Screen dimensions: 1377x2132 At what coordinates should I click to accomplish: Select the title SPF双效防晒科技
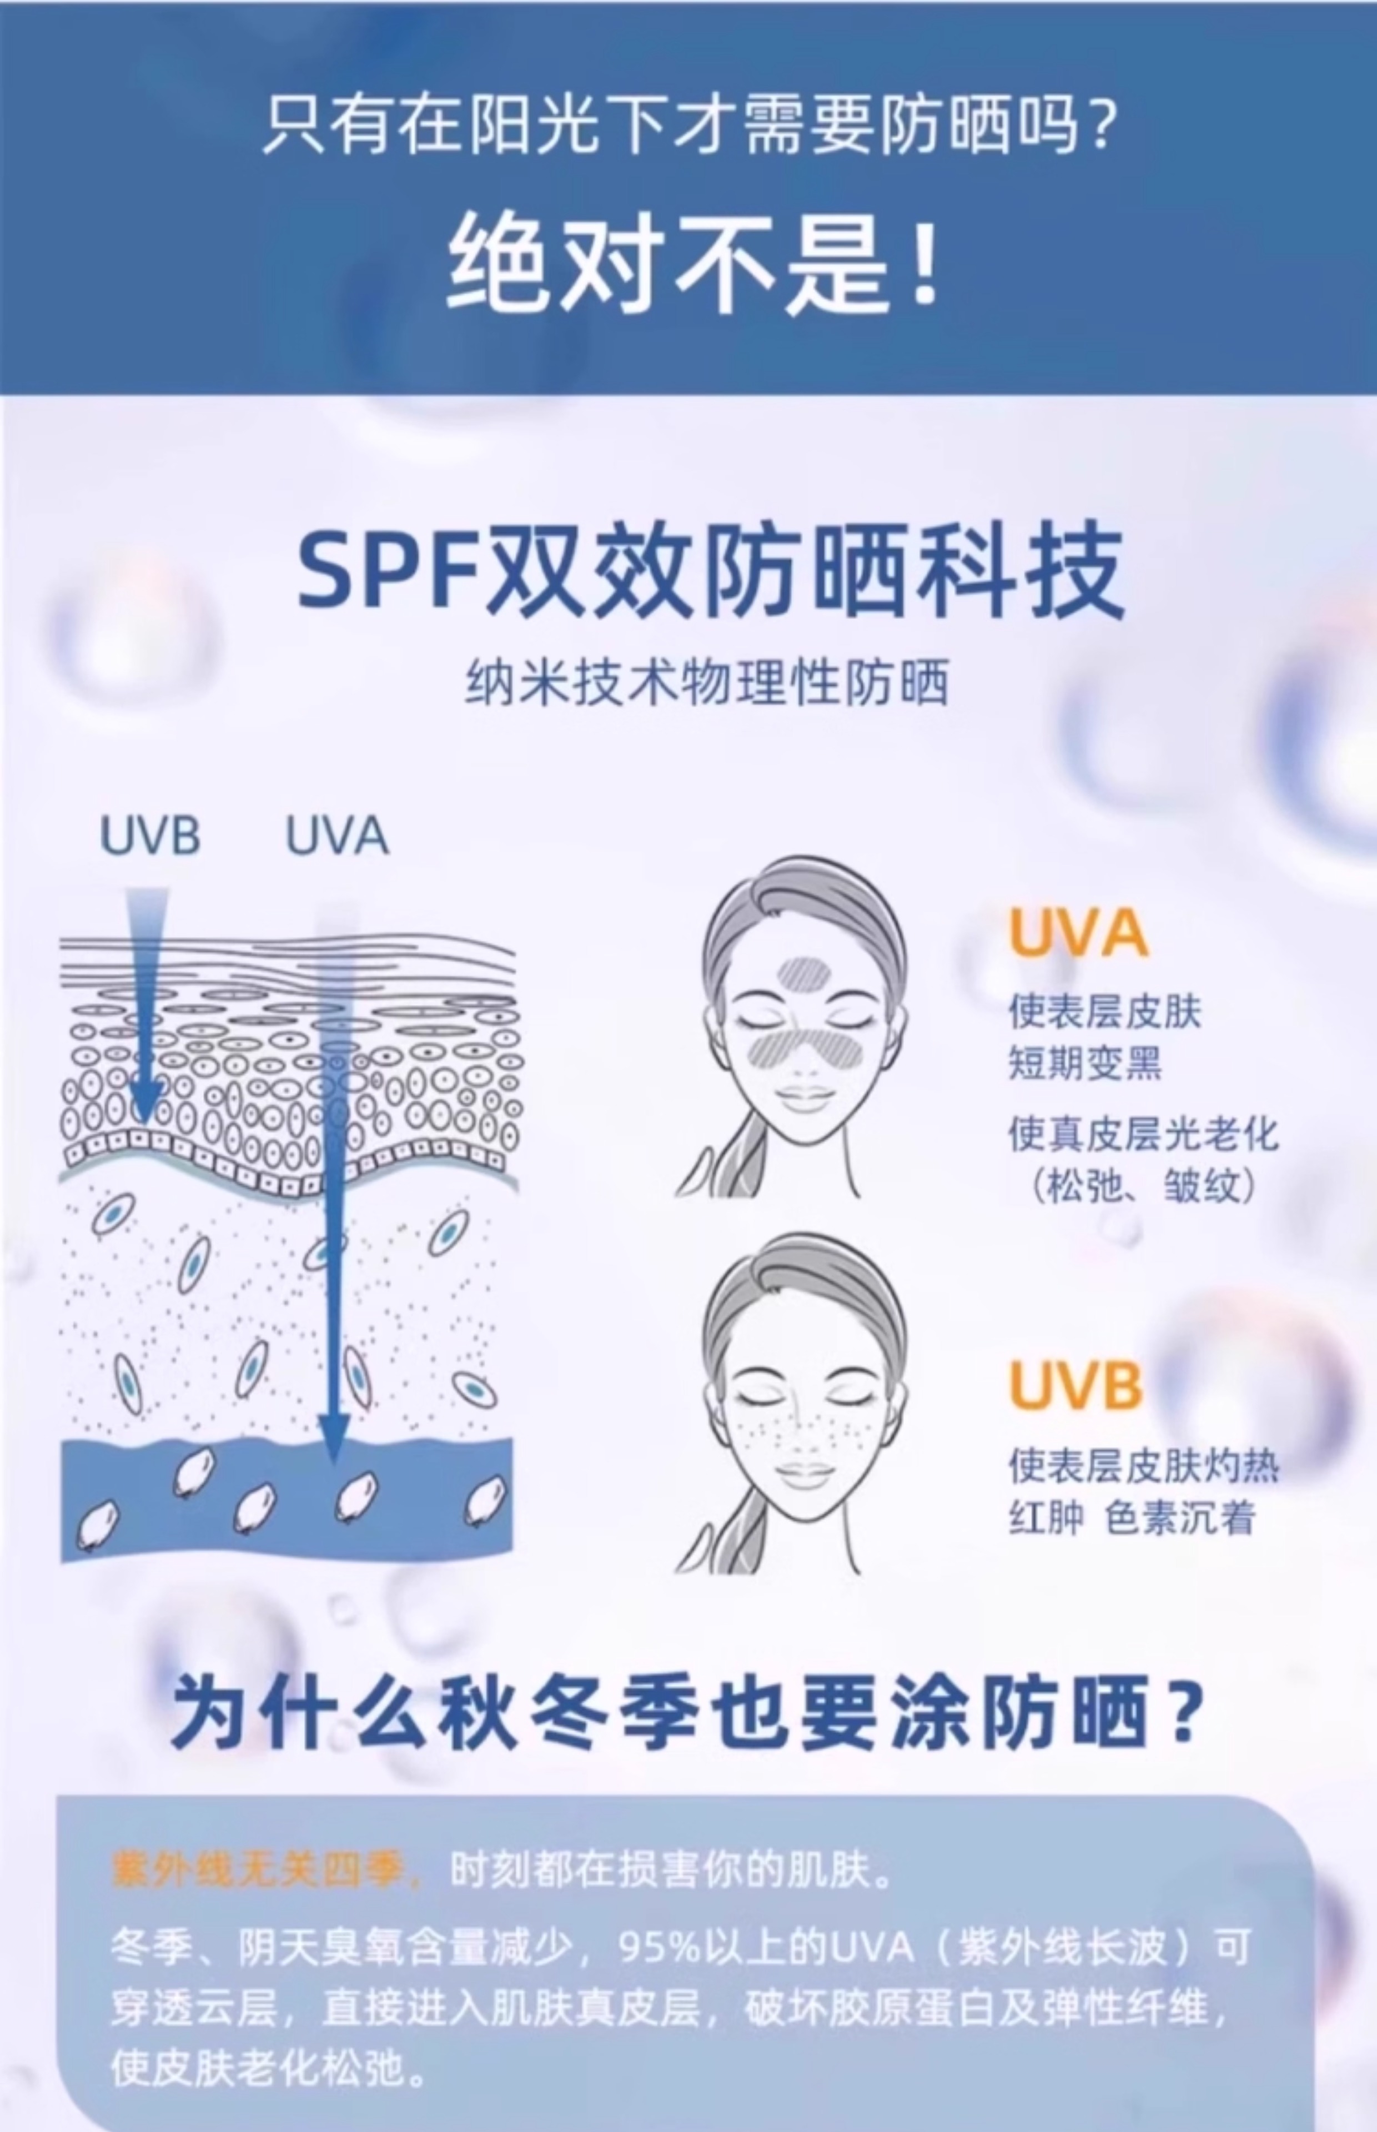pos(710,572)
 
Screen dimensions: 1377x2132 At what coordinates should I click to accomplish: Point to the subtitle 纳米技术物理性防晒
pos(706,685)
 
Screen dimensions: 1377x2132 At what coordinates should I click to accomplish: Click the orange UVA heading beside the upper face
pos(1078,934)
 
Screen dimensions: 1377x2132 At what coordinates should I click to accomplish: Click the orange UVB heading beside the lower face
pos(1076,1386)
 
